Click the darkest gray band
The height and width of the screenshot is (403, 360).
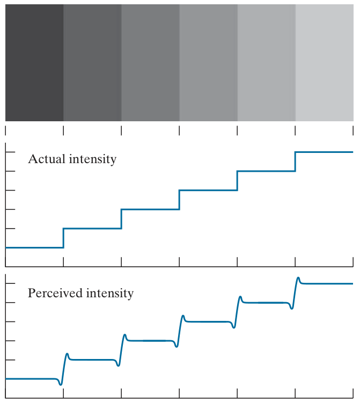pos(34,63)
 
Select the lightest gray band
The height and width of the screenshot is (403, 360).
pos(324,63)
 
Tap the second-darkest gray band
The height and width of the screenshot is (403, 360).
pos(92,63)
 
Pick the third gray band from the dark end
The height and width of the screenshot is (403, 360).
pos(150,63)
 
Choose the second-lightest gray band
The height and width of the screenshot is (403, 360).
pos(266,63)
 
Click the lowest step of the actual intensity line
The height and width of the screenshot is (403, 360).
pos(34,247)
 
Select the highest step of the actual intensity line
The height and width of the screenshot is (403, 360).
pos(324,152)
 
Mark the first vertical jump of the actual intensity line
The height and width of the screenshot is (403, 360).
pos(63,238)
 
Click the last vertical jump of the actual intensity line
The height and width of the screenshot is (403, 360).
pos(295,162)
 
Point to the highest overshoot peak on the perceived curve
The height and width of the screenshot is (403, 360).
pos(299,278)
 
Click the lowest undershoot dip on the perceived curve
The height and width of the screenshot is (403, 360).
pos(60,384)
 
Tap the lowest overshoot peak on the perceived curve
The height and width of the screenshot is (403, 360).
pos(67,354)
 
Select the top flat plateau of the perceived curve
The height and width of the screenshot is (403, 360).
pos(327,283)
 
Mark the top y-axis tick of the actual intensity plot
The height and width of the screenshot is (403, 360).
pos(8,152)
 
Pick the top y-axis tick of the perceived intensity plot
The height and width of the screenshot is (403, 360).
pos(8,283)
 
